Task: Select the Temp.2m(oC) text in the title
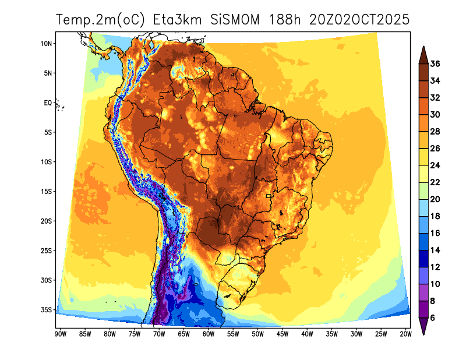click(101, 20)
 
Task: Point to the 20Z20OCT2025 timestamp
click(359, 20)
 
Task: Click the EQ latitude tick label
click(48, 103)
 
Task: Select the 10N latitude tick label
click(47, 44)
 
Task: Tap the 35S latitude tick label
click(47, 310)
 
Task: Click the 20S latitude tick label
click(47, 221)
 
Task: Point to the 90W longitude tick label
click(59, 334)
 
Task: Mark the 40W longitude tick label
click(307, 334)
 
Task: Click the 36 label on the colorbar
click(435, 64)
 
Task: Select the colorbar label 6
click(433, 317)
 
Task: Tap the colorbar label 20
click(435, 199)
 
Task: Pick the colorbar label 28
click(435, 132)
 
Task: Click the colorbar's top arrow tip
click(423, 47)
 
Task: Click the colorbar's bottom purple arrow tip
click(423, 334)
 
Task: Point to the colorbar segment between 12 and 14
click(423, 259)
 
